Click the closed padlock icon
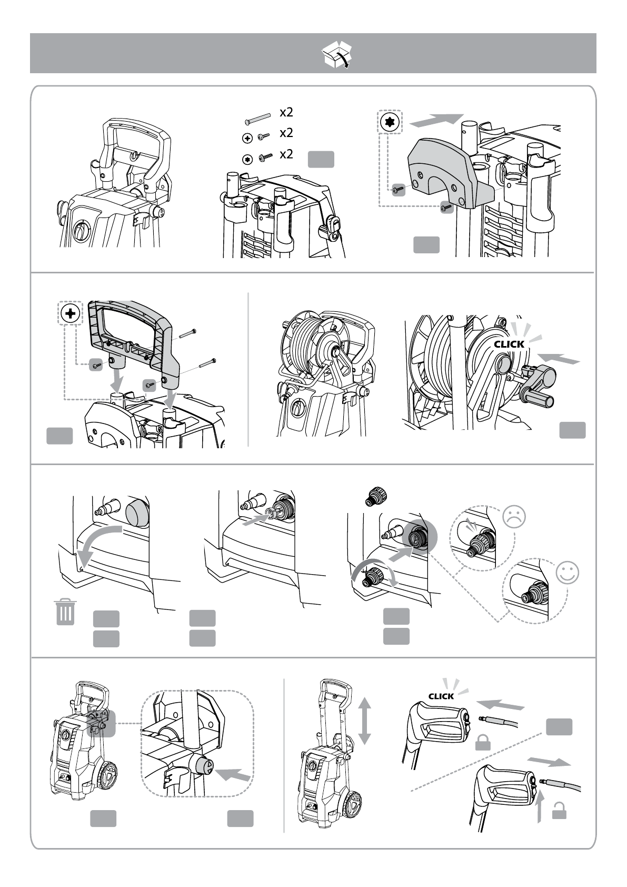pos(483,743)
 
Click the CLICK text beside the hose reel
pos(509,344)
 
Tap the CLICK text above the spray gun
pos(441,696)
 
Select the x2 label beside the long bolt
pos(286,112)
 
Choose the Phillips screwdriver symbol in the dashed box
pos(71,314)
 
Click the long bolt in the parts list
pos(258,117)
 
